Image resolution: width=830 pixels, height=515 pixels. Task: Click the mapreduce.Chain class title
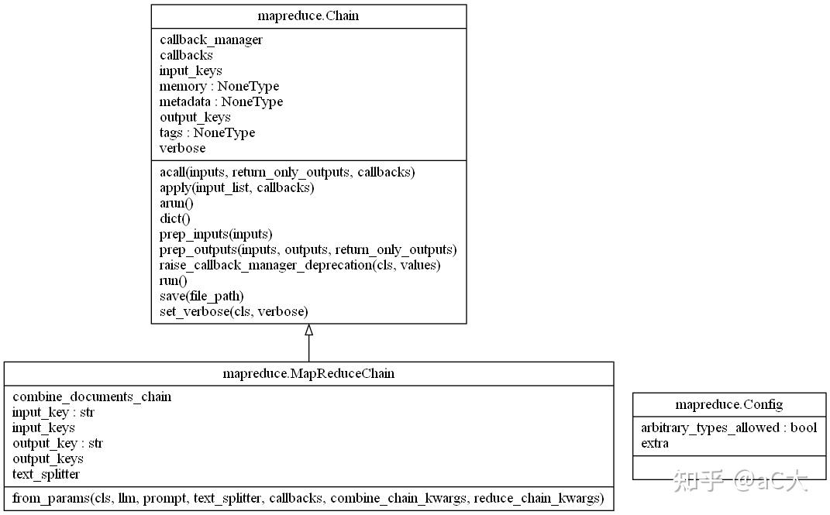(308, 15)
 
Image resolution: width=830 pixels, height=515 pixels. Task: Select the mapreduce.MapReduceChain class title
(308, 373)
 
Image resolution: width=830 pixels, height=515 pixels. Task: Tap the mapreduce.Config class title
(729, 404)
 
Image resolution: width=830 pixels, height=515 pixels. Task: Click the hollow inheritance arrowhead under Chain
(308, 330)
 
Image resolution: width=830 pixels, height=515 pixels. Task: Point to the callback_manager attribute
(212, 40)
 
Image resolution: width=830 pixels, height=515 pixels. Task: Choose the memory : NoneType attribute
(219, 86)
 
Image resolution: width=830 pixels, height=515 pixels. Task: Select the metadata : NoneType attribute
(222, 101)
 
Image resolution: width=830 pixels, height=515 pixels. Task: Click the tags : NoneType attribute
(207, 132)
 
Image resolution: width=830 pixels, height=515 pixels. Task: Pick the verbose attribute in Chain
(183, 148)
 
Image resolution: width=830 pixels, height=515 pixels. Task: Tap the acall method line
(288, 173)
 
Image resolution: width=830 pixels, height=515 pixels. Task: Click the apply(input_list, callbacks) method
(236, 187)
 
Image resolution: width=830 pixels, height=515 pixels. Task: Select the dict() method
(174, 218)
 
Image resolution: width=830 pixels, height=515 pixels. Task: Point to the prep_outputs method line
(308, 249)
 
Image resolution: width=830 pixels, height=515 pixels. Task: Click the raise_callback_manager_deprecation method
(300, 265)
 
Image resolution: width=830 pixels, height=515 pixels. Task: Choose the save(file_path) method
(201, 296)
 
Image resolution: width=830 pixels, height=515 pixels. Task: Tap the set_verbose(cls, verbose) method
(233, 311)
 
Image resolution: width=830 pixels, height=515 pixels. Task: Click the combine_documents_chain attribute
(92, 397)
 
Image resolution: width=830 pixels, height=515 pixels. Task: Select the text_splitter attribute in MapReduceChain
(46, 474)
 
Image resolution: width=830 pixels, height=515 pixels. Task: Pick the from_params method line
(308, 498)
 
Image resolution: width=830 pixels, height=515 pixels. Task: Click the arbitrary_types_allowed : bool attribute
(729, 427)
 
